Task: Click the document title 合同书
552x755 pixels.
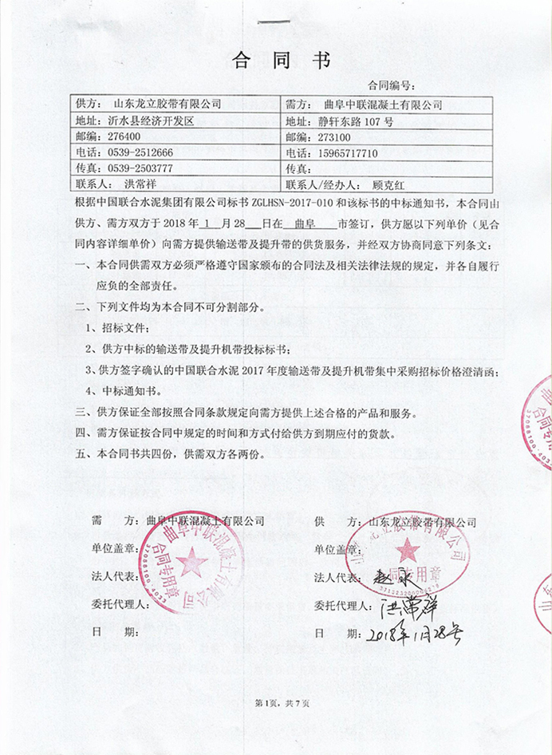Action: coord(279,60)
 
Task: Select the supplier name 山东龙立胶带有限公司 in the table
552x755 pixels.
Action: coord(164,104)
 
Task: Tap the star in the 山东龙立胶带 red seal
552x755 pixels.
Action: coord(409,550)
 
